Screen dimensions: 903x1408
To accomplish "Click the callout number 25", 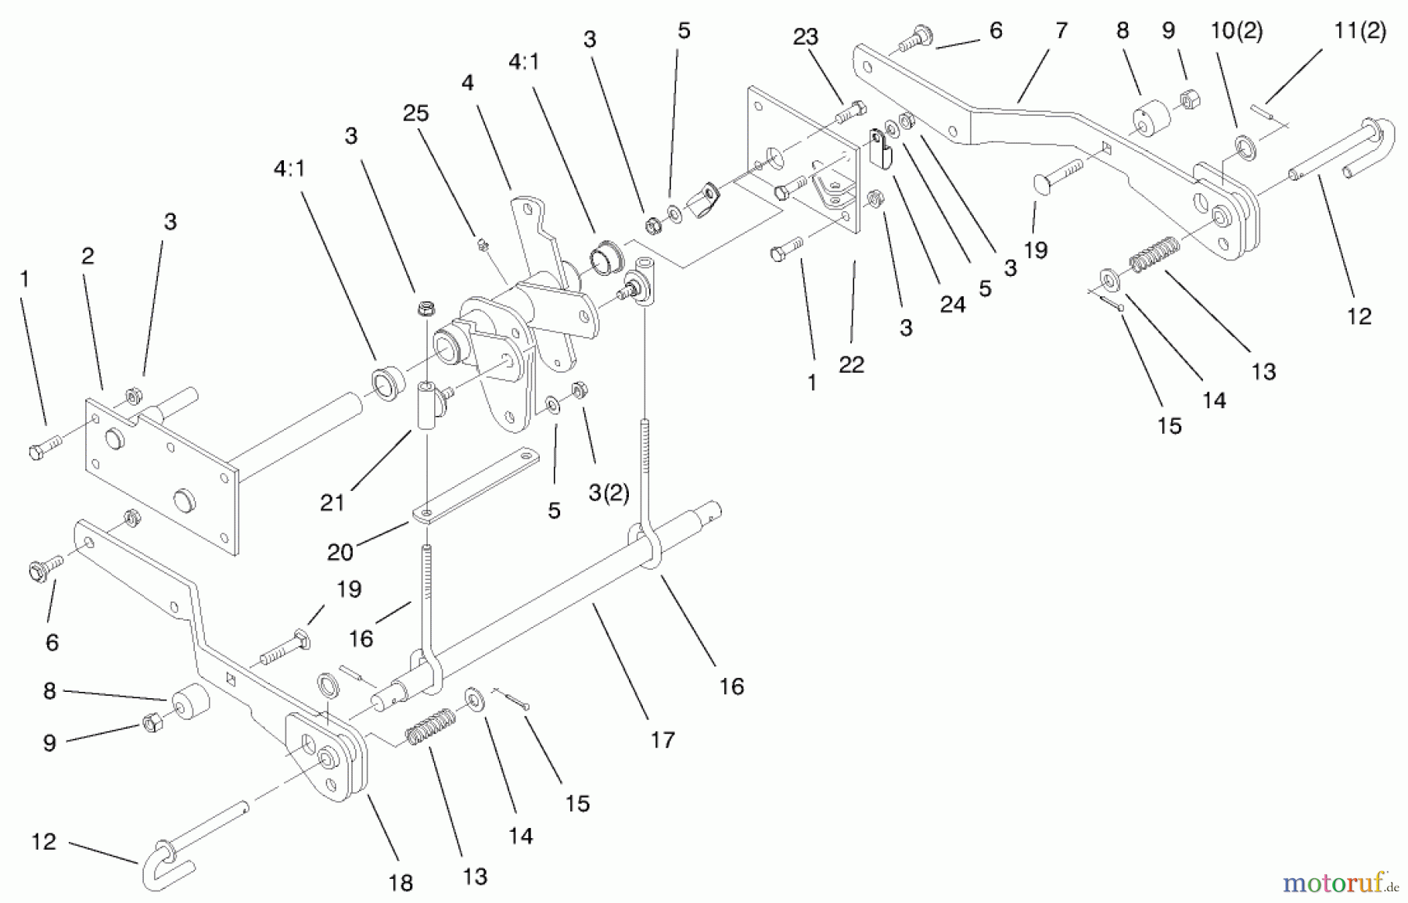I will point(415,113).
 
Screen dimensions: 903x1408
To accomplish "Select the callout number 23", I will point(805,37).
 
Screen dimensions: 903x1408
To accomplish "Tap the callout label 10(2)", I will point(1236,31).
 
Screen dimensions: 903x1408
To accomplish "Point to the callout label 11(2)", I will point(1360,30).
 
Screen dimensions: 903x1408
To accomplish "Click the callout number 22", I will point(851,364).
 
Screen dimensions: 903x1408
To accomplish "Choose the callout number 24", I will point(952,304).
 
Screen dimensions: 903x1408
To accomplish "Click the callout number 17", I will point(663,740).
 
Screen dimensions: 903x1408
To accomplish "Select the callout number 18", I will point(400,883).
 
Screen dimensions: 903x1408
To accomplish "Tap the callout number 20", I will point(340,552).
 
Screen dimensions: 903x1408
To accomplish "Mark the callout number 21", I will point(332,502).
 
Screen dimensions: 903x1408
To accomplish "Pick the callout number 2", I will point(88,256).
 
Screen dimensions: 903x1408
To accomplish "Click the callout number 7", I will point(1061,31).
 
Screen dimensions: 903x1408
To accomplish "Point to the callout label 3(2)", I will point(608,494).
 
